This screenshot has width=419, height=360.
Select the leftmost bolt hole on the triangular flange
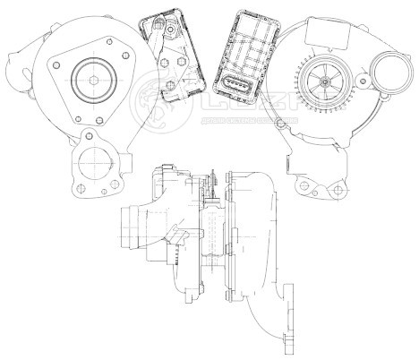pyautogui.click(x=56, y=65)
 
